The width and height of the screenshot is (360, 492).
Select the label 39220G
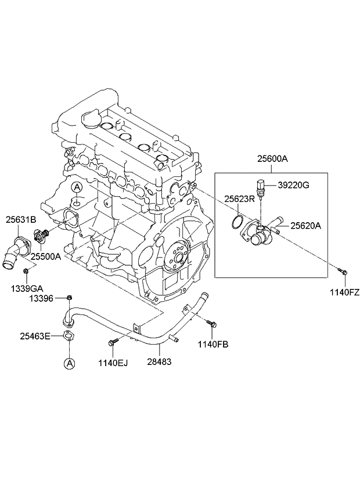293,185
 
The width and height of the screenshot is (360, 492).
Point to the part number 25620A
305,226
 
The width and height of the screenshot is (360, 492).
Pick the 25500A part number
45,256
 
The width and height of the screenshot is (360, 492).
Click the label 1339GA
24,288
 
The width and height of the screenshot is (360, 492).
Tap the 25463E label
35,335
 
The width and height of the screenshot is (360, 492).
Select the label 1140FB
214,345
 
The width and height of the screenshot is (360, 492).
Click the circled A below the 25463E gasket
69,364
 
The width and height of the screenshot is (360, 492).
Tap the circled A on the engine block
77,187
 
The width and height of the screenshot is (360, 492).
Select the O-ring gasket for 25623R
236,221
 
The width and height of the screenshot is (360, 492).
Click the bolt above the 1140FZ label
343,271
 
